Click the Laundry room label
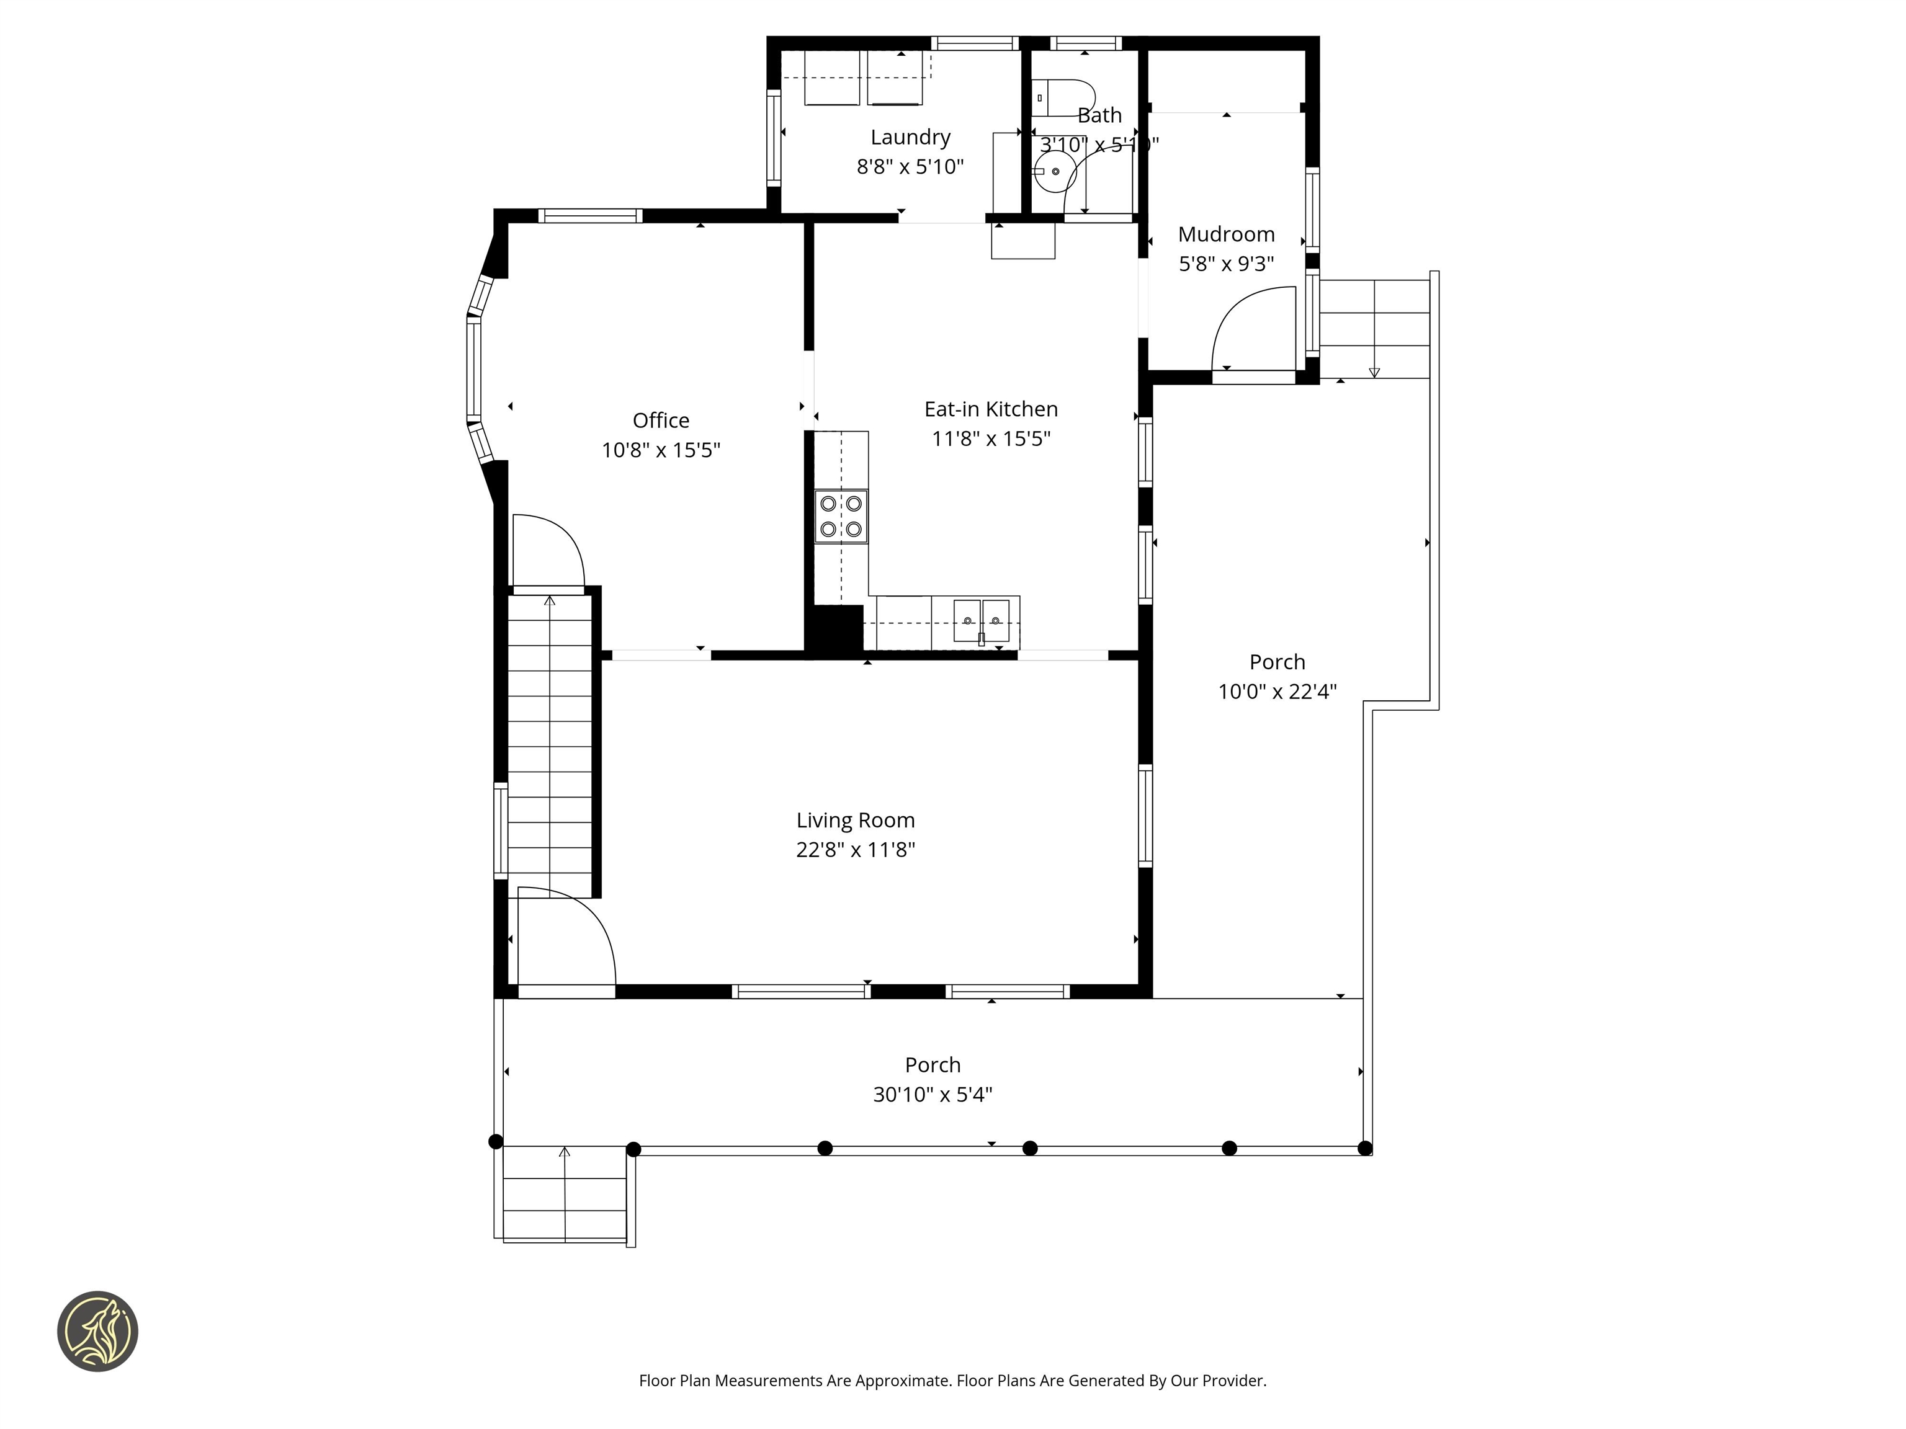coord(910,137)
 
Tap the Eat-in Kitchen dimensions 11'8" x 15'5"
coord(991,438)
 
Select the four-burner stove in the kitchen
coord(841,516)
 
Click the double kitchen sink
coord(982,621)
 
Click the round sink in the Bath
coord(1055,171)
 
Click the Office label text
coord(661,421)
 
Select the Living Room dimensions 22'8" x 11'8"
coord(855,849)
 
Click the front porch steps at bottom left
coord(565,1192)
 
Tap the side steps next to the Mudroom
coord(1374,328)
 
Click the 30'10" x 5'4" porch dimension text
coord(933,1094)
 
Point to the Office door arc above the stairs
coord(550,550)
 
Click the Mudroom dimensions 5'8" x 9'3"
coord(1225,264)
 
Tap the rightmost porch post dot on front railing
coord(1364,1147)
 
